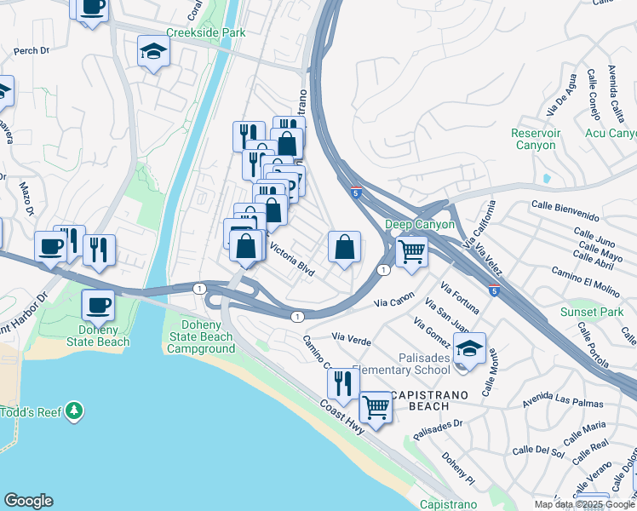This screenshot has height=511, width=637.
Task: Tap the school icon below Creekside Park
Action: pyautogui.click(x=153, y=53)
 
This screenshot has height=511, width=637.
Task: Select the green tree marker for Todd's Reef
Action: pyautogui.click(x=75, y=411)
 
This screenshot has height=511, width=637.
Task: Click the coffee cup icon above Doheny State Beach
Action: pyautogui.click(x=98, y=304)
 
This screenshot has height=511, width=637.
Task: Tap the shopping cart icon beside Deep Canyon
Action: pyautogui.click(x=412, y=250)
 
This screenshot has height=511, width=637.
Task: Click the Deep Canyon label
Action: pyautogui.click(x=422, y=224)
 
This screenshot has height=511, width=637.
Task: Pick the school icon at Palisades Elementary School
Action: pyautogui.click(x=468, y=347)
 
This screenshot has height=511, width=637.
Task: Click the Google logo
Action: pyautogui.click(x=28, y=501)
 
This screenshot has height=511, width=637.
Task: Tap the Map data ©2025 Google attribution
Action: pyautogui.click(x=583, y=504)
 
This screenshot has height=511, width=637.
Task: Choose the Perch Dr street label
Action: pyautogui.click(x=32, y=51)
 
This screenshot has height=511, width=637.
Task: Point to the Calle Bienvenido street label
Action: pyautogui.click(x=571, y=204)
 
